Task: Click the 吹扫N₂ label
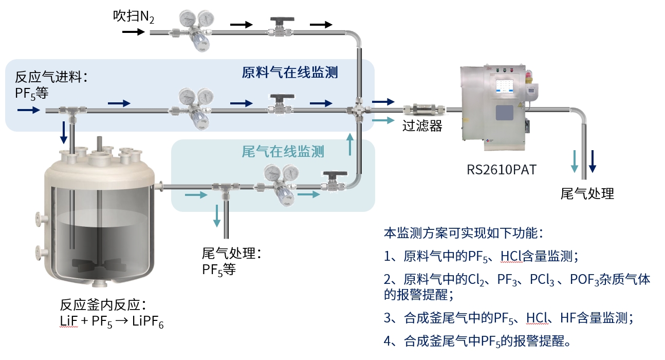(x=134, y=16)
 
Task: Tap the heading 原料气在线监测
(x=290, y=73)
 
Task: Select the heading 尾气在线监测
(x=283, y=152)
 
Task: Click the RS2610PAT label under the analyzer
(x=501, y=169)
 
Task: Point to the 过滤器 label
(x=422, y=126)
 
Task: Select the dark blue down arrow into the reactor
(x=63, y=133)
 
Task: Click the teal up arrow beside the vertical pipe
(x=351, y=144)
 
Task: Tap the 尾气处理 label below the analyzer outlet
(x=587, y=194)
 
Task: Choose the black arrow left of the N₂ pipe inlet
(x=133, y=32)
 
